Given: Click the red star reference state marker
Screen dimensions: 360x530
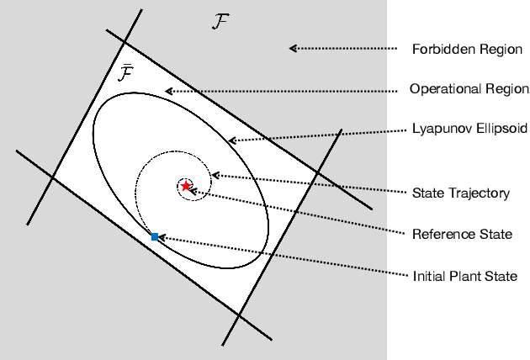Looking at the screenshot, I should (186, 185).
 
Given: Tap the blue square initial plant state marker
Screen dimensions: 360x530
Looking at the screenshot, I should (155, 237).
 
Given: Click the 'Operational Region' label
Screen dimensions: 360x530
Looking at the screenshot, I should (469, 88).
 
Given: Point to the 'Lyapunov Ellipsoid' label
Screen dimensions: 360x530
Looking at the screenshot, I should (470, 130).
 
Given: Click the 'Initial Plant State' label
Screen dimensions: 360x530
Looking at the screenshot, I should (464, 275).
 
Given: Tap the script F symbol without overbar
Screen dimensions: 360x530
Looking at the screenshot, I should (220, 22).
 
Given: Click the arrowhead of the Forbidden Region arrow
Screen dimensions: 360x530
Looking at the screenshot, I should (293, 48).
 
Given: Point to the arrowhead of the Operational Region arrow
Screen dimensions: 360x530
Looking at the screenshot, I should (168, 91).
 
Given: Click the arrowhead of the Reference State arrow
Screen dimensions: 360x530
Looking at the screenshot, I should (195, 193).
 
